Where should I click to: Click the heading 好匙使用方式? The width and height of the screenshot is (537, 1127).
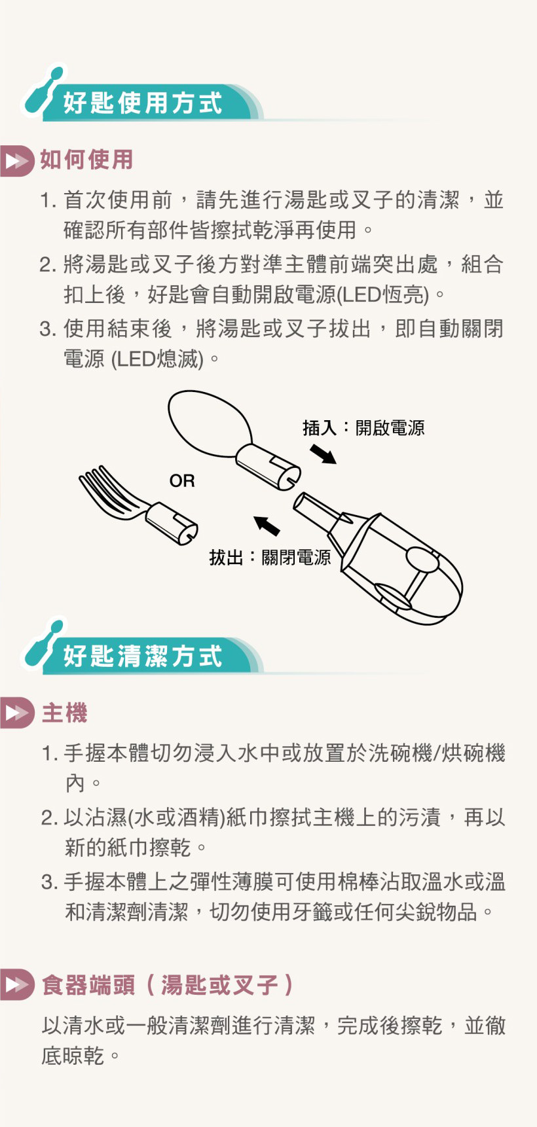(x=143, y=103)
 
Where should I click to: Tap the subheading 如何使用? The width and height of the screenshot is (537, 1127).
(x=86, y=160)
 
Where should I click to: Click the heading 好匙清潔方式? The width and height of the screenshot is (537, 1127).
(x=143, y=656)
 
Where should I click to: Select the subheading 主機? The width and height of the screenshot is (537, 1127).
(x=64, y=713)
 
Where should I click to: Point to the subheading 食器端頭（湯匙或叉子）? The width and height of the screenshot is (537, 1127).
(x=167, y=985)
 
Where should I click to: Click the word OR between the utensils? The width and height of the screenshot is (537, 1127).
(x=182, y=481)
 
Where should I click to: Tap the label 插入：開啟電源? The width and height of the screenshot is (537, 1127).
(x=363, y=428)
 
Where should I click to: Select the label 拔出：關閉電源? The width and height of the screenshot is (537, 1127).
(x=270, y=558)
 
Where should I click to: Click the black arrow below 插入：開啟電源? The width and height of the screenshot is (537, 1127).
(x=323, y=454)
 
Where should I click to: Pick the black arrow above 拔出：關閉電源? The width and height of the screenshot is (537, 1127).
(x=267, y=525)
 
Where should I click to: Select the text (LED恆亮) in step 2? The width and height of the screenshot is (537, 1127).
(x=383, y=295)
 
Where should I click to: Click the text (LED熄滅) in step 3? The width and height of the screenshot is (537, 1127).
(x=158, y=359)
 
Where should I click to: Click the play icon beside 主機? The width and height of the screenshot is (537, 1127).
(x=18, y=713)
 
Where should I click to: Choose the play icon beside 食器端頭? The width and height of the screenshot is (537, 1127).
(x=18, y=985)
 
